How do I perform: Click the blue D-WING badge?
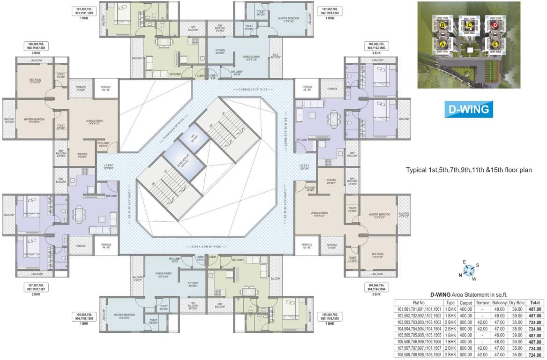coord(468,109)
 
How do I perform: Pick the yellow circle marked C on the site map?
coord(468,24)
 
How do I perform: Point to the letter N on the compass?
coord(460,275)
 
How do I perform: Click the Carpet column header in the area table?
coord(466,303)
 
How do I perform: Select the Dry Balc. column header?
coord(517,303)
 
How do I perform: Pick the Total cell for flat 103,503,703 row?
coord(535,322)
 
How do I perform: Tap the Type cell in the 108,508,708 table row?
coord(450,355)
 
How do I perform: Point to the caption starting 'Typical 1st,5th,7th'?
coord(469,170)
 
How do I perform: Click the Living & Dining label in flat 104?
coord(318,214)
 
